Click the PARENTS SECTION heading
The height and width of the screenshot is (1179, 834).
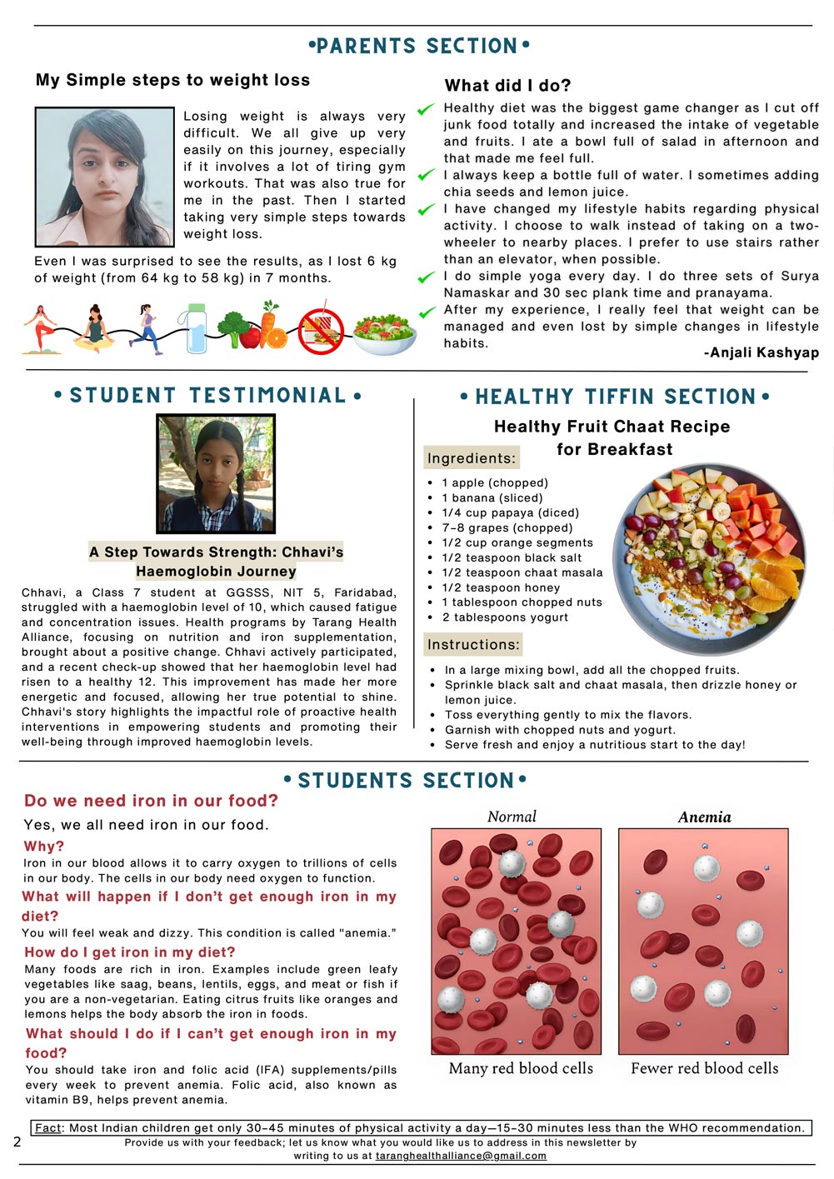[418, 46]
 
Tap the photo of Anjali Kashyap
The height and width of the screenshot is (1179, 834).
[104, 177]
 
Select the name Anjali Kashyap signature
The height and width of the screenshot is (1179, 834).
[762, 352]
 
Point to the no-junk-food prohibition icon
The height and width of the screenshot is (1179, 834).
[322, 331]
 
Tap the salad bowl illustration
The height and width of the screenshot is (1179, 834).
[384, 334]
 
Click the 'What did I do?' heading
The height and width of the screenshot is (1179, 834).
[508, 85]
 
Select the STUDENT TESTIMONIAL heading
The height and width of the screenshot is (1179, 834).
[207, 395]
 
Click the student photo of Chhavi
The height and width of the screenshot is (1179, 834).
[216, 474]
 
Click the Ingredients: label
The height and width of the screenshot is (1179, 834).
[472, 458]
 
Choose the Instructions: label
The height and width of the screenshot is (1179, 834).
[473, 644]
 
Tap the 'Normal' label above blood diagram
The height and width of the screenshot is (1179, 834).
[512, 817]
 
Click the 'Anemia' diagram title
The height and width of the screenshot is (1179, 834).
[704, 817]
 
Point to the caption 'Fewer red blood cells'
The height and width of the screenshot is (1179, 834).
[704, 1068]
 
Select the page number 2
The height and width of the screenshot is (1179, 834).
[17, 1142]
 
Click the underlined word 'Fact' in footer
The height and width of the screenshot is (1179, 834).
[48, 1128]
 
